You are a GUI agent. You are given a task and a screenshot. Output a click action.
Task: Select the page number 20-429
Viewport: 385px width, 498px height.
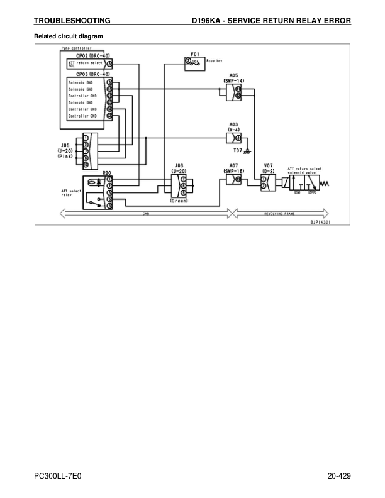pos(338,476)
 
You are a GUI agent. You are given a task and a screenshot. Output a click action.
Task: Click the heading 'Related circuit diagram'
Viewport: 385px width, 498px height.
pos(67,36)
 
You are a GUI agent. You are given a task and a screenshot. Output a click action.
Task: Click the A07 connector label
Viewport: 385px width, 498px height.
pos(233,166)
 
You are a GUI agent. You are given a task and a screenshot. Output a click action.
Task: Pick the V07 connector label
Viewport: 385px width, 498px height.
pos(267,166)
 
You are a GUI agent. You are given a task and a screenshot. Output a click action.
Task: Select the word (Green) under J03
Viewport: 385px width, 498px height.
pos(179,202)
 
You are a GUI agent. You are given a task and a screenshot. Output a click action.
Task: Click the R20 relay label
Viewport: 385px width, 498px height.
pos(107,172)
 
